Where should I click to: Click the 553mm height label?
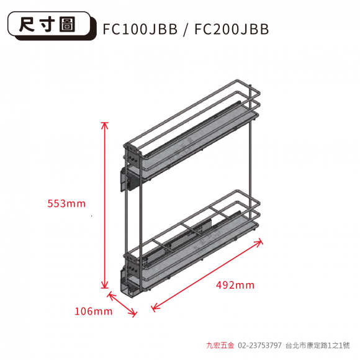coord(66,204)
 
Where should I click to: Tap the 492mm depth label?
coord(235,285)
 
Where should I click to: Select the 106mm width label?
coord(94,312)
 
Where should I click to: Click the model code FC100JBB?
coord(140,29)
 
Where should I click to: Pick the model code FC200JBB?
coord(232,29)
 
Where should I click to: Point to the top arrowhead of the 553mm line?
coord(105,125)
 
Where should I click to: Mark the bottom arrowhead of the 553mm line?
coord(105,285)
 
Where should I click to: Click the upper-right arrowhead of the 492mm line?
coord(259,241)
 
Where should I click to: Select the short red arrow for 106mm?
coord(122,305)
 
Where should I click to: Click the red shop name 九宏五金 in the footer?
coord(220,345)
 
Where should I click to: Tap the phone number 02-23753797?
coord(259,345)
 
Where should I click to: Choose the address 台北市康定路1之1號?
coord(318,345)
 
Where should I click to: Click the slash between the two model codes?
coord(186,30)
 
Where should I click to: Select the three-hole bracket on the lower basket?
coord(133,268)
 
